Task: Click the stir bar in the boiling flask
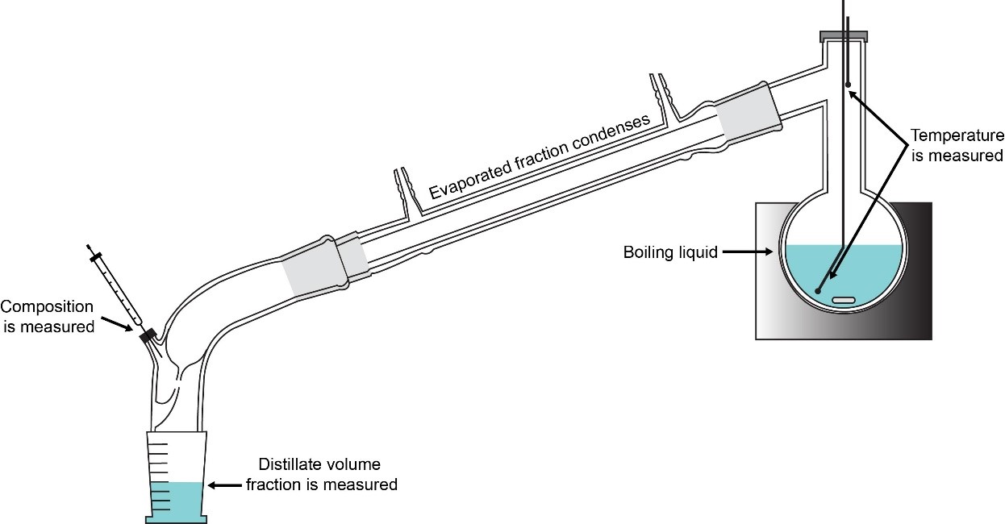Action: point(843,300)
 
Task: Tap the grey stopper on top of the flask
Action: point(844,35)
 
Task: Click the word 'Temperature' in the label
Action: point(957,135)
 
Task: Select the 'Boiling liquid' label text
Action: point(670,252)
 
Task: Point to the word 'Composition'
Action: point(47,307)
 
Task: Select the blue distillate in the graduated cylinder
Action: point(175,500)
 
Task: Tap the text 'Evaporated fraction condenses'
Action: point(539,157)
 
